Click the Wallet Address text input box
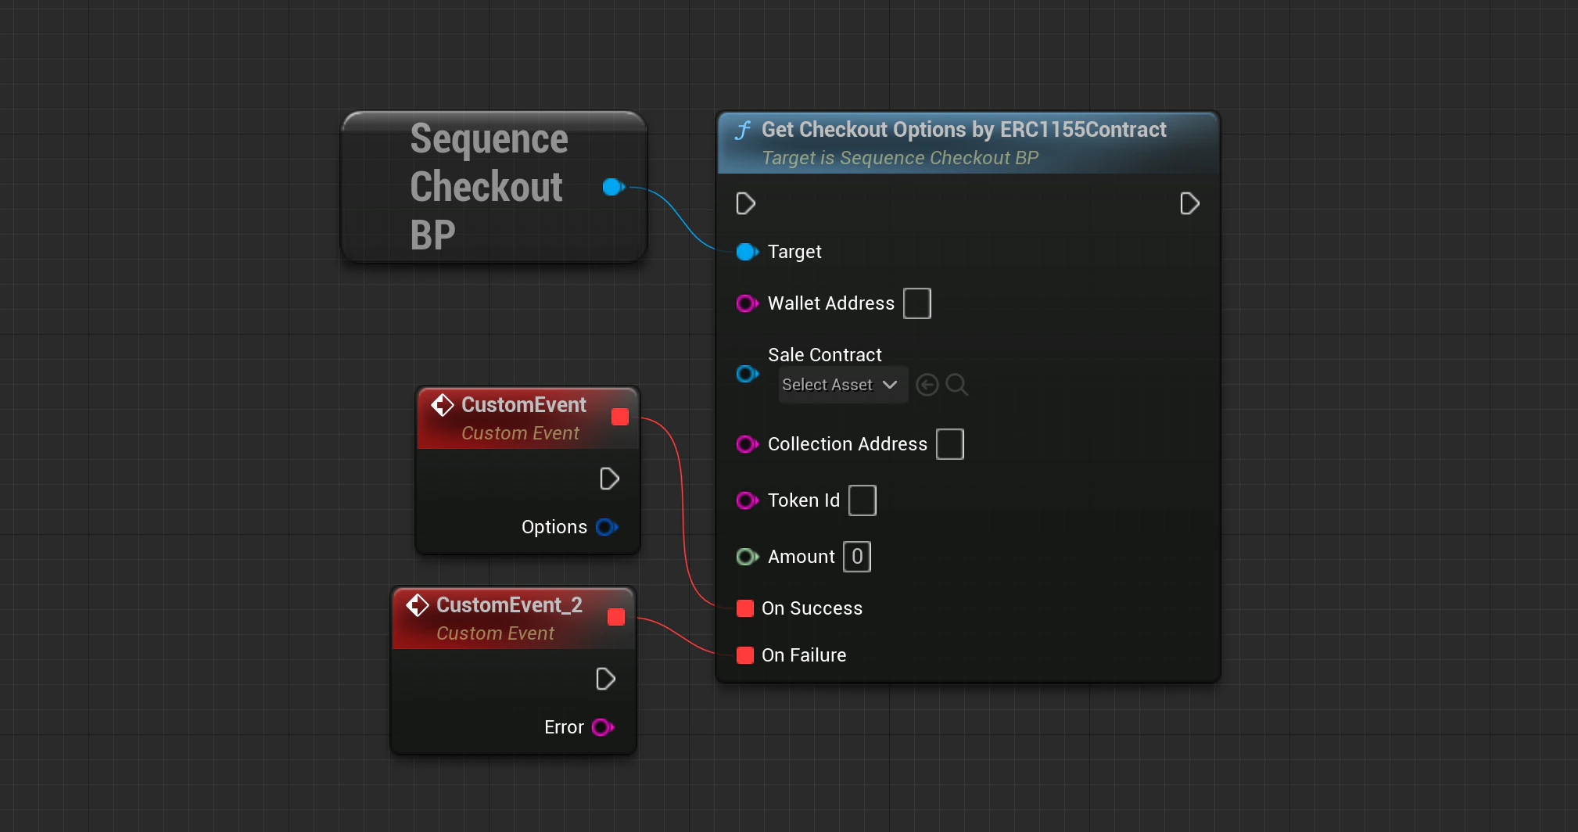(916, 303)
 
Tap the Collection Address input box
(949, 444)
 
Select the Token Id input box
(862, 500)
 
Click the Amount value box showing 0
(856, 557)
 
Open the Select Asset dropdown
(841, 385)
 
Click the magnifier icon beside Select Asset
(956, 385)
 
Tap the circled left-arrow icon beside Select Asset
(927, 385)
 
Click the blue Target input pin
(747, 252)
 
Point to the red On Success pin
(745, 608)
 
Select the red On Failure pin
(745, 655)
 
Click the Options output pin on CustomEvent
(606, 527)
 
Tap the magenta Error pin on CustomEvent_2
(602, 727)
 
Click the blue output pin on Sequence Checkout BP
(613, 187)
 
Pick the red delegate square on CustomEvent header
(620, 417)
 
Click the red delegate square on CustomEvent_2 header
(616, 617)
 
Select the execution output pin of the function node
(1189, 204)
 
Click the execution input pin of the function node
(745, 204)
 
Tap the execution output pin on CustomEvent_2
(605, 679)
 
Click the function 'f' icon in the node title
(743, 131)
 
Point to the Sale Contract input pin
(747, 374)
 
